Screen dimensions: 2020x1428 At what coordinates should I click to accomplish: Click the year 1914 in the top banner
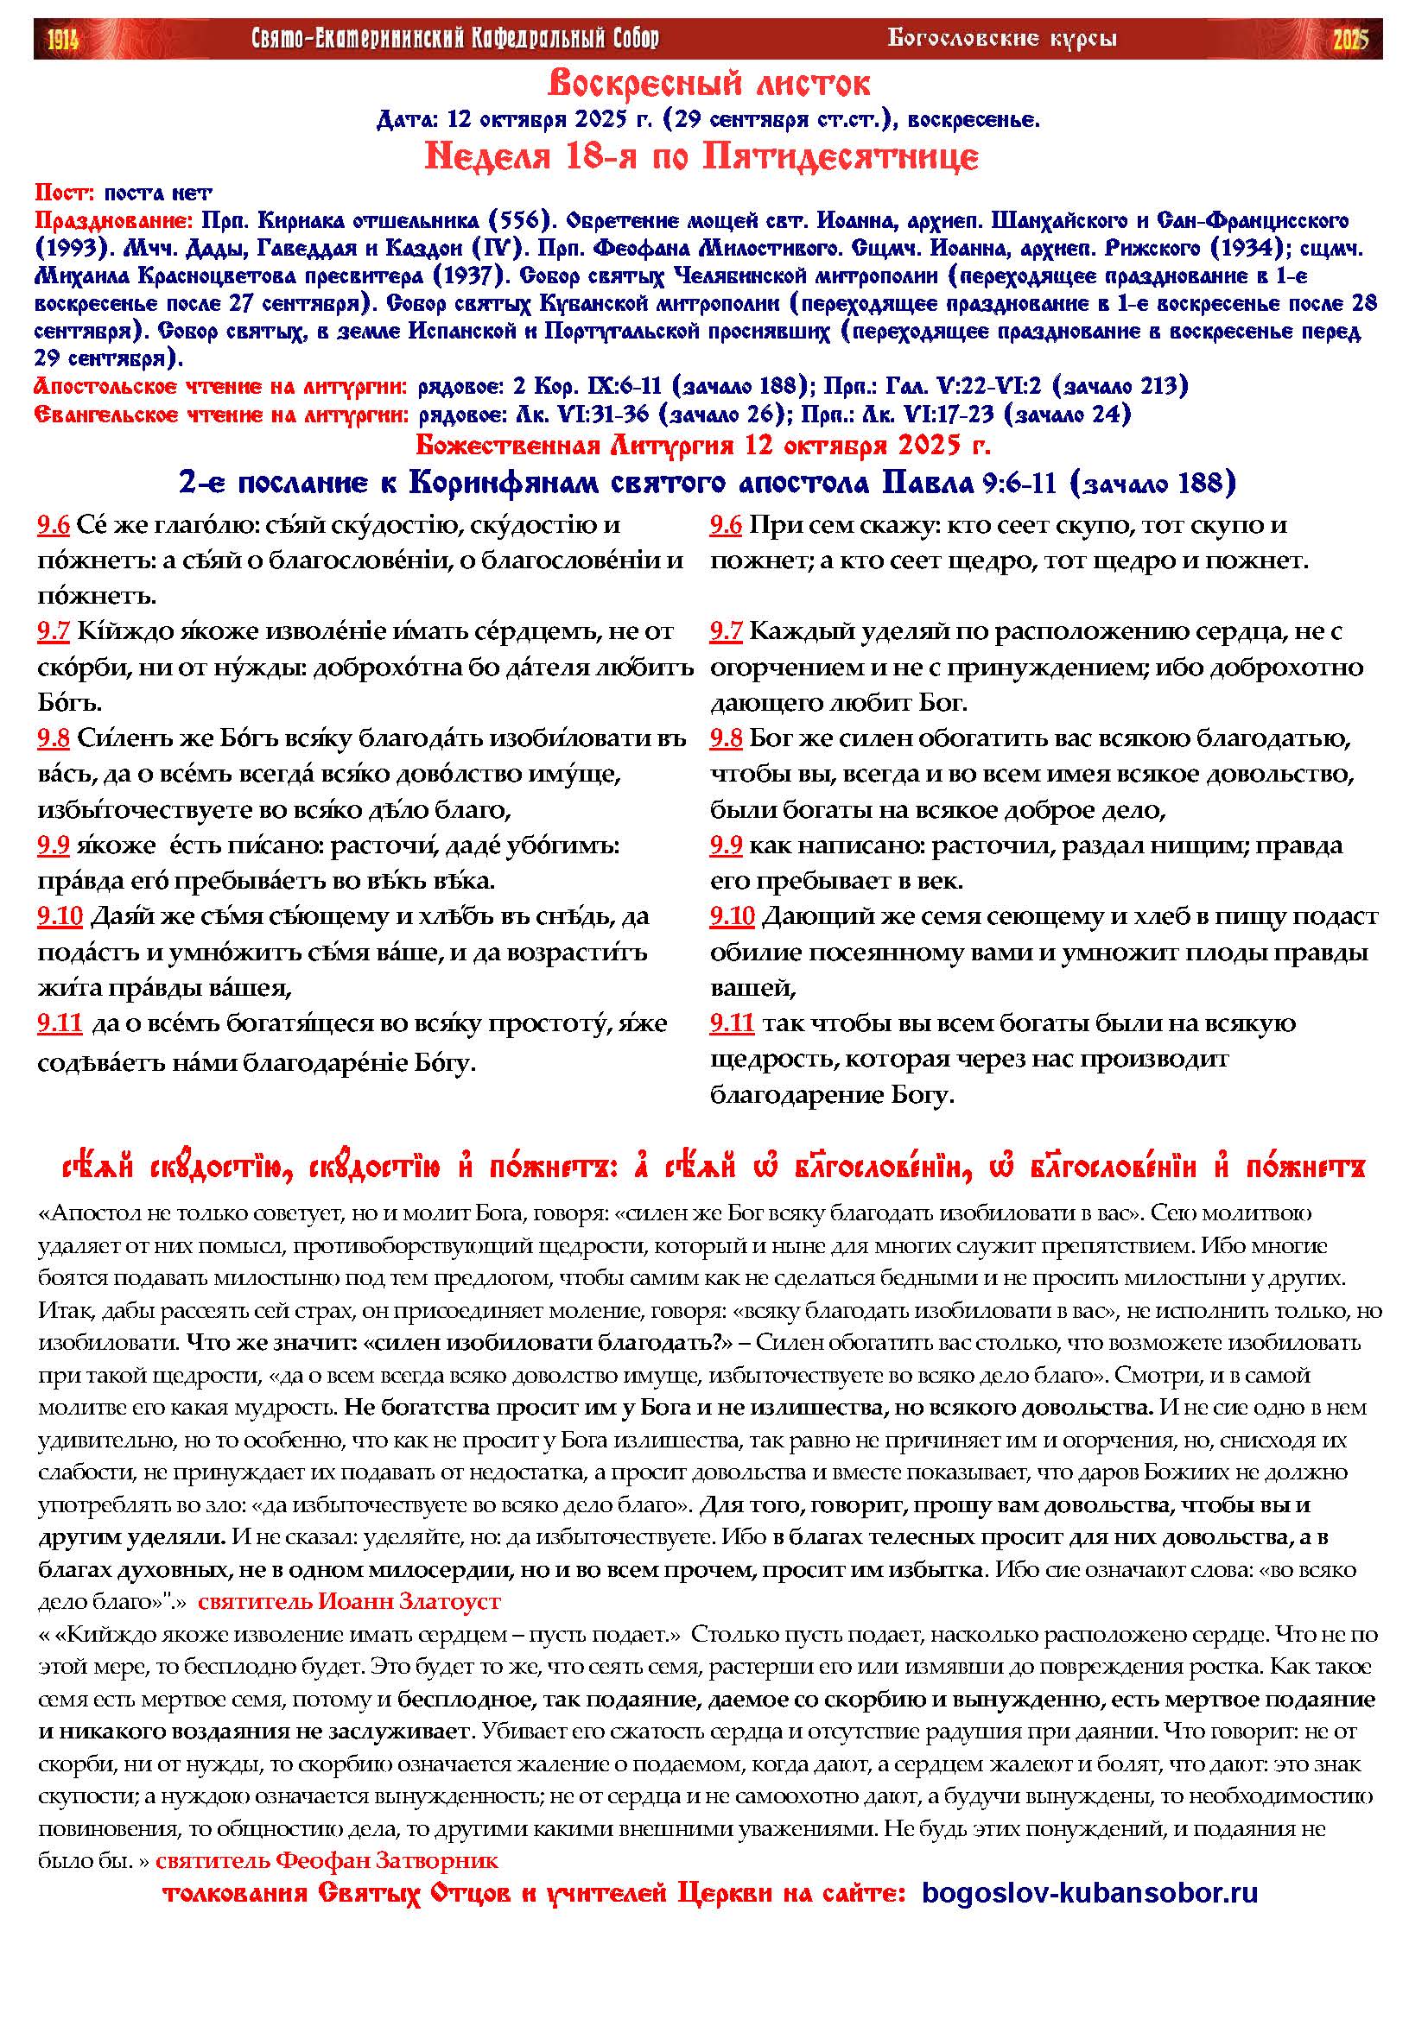(62, 39)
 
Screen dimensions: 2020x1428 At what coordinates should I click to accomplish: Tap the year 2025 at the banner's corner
(1350, 39)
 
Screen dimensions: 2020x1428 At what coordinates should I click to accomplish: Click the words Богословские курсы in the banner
(1002, 38)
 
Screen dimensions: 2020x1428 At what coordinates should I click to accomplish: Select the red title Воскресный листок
(709, 85)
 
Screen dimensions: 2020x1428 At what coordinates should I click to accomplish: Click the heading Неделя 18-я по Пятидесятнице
(701, 157)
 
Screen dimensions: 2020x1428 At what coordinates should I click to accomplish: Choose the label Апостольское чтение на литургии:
(220, 385)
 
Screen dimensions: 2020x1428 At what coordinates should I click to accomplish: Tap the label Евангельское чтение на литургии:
(220, 414)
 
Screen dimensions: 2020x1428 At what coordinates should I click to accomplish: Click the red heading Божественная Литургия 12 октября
(703, 445)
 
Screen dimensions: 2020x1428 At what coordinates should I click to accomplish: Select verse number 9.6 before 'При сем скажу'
(726, 526)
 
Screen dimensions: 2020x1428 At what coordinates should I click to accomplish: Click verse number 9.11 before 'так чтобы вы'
(732, 1023)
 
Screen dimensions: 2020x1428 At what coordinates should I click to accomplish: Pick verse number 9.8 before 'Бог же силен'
(726, 738)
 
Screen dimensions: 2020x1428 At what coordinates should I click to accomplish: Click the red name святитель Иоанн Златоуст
(349, 1600)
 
